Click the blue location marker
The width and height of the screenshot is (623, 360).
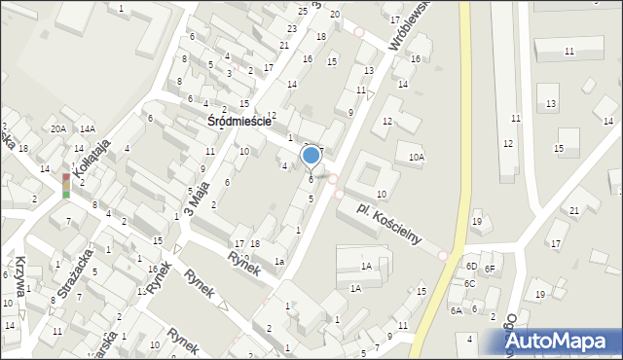click(311, 155)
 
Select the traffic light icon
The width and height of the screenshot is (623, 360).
click(65, 186)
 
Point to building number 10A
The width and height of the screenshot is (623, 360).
click(417, 158)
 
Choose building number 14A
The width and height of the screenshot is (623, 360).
click(88, 129)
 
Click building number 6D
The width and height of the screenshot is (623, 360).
click(471, 267)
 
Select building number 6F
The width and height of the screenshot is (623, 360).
click(491, 269)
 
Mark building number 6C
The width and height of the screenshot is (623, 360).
click(469, 283)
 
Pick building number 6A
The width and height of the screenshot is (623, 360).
click(456, 310)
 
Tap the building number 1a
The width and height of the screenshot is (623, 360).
click(278, 261)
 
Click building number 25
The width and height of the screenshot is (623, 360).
click(302, 11)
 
